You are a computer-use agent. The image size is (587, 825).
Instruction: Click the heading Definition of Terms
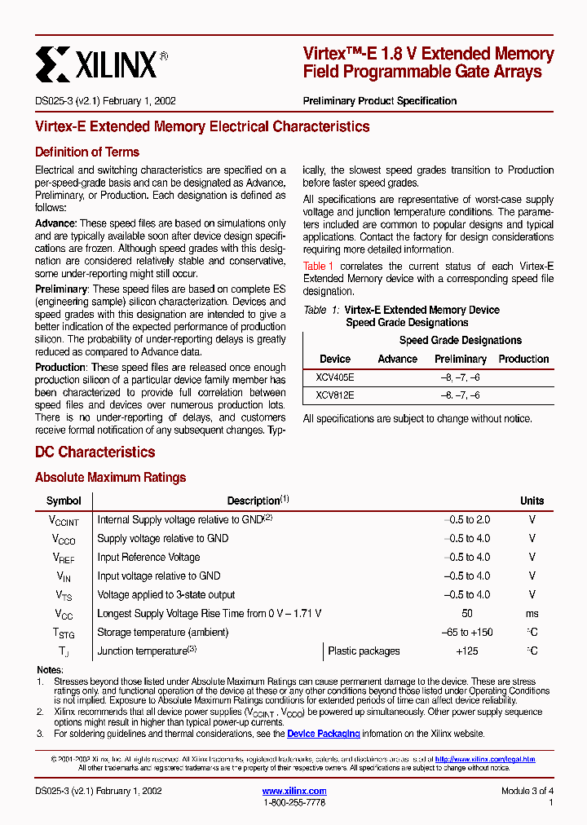[87, 152]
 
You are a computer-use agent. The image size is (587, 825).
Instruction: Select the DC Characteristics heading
[95, 452]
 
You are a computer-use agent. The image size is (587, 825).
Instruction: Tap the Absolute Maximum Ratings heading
[110, 478]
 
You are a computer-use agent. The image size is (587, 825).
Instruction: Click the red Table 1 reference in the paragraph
[318, 267]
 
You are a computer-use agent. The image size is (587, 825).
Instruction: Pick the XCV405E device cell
[334, 377]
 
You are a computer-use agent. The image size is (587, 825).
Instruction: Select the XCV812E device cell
[334, 395]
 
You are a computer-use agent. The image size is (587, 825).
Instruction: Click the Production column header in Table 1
[523, 359]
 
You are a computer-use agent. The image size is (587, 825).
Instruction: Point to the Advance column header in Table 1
[397, 359]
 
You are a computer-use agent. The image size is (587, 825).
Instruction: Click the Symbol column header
[64, 501]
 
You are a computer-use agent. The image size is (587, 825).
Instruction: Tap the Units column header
[532, 501]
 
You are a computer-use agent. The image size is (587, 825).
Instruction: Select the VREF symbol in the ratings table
[64, 558]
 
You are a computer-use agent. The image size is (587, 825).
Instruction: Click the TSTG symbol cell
[64, 633]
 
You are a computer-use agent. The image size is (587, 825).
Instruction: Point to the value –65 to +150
[466, 633]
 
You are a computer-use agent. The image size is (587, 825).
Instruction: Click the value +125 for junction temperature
[466, 651]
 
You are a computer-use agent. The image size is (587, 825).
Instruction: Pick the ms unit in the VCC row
[532, 614]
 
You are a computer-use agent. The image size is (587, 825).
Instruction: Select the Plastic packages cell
[364, 651]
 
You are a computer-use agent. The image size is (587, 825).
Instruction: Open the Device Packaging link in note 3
[323, 734]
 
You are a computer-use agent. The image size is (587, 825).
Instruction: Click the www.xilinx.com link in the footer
[294, 791]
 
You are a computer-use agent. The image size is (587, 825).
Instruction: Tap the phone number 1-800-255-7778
[294, 803]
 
